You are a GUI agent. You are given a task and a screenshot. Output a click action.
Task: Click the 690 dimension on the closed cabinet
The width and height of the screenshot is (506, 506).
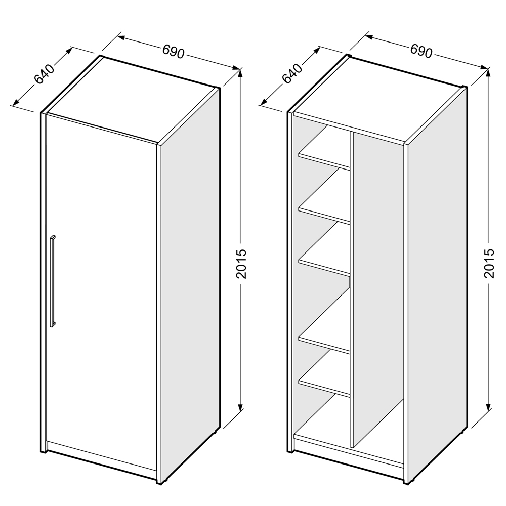173,52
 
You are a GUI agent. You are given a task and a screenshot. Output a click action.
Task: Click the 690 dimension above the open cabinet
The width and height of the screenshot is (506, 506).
421,51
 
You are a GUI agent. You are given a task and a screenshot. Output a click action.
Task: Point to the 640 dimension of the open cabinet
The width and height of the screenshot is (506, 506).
292,73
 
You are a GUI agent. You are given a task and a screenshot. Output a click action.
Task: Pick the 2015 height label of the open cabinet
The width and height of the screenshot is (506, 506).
489,263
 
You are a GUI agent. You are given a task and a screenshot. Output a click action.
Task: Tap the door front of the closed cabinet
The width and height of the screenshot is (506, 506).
102,290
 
